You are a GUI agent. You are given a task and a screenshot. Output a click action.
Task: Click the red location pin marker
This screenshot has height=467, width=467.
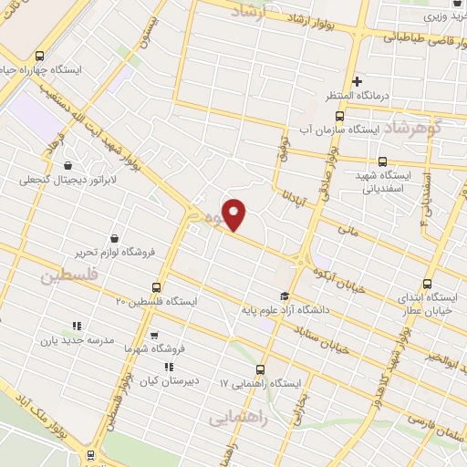click(235, 214)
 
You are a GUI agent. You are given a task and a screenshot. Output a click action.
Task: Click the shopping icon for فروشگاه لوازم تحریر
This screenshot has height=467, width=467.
click(113, 238)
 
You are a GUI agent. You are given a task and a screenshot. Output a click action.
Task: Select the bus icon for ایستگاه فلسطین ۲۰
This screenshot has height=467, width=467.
click(155, 287)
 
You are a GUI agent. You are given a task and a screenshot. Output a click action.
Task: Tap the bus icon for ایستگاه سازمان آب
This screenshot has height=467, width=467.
click(339, 116)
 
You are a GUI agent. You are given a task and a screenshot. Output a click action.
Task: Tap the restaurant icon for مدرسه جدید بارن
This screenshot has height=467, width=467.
click(77, 325)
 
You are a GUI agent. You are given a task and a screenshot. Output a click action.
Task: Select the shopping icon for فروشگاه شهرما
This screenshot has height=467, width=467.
click(153, 334)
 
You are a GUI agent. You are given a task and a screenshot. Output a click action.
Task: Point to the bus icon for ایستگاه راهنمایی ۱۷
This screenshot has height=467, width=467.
click(262, 369)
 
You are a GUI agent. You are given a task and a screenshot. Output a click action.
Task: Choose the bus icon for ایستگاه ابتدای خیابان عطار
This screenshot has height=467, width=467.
click(430, 282)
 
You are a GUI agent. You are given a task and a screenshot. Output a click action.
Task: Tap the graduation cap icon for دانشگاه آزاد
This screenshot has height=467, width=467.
click(284, 296)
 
